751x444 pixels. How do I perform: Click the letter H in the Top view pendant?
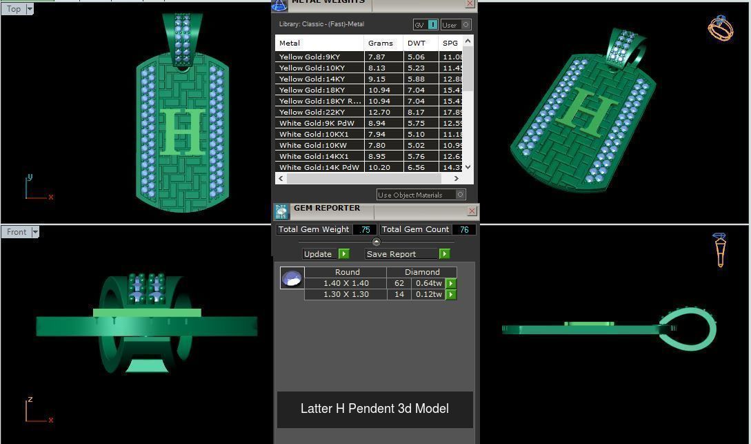click(182, 131)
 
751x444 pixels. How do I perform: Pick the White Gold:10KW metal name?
click(312, 145)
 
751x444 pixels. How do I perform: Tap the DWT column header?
click(417, 43)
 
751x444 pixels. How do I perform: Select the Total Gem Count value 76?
click(463, 229)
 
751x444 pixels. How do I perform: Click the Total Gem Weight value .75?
click(365, 229)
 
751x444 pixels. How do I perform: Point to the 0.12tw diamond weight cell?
click(428, 294)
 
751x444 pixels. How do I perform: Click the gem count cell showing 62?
click(399, 283)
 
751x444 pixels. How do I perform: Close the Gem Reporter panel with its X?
click(472, 211)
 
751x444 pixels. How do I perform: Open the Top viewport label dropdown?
click(30, 9)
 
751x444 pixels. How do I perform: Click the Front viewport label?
click(17, 232)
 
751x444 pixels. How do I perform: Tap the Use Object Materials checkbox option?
click(421, 195)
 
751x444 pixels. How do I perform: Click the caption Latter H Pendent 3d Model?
click(374, 409)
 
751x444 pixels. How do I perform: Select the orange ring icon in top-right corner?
click(720, 28)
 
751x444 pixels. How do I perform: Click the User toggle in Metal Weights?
click(456, 25)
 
